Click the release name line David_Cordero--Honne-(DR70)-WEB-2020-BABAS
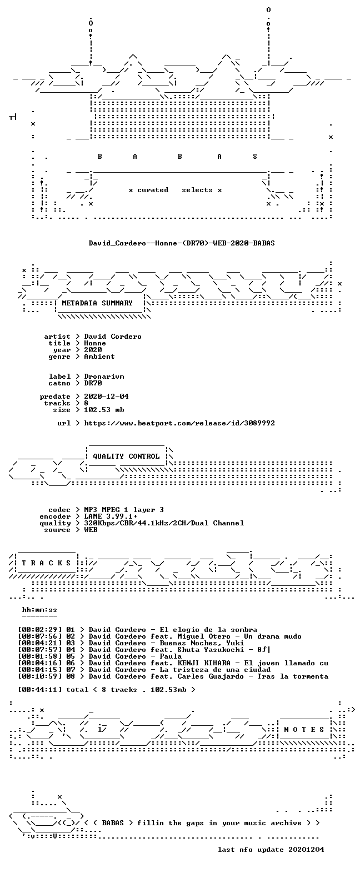[x=182, y=243]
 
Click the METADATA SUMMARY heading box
[x=100, y=304]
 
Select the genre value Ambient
[x=99, y=357]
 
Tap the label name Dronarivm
[x=104, y=377]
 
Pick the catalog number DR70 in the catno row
[x=93, y=383]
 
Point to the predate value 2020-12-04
[x=106, y=397]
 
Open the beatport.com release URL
[x=179, y=423]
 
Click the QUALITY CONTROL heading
[x=126, y=456]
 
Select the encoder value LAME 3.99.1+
[x=111, y=517]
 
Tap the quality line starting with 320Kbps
[x=164, y=523]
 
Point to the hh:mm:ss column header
[x=39, y=610]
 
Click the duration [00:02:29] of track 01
[x=40, y=630]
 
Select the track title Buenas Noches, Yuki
[x=202, y=643]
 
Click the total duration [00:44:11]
[x=40, y=690]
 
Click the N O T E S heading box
[x=304, y=730]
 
